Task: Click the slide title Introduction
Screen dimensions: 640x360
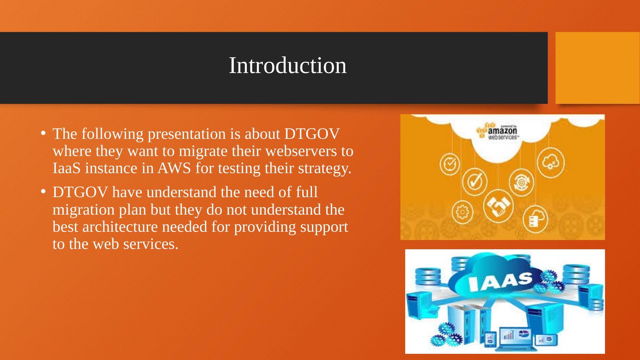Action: [x=288, y=65]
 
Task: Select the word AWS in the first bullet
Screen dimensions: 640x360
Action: [x=174, y=168]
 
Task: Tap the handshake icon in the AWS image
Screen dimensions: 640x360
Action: [x=498, y=205]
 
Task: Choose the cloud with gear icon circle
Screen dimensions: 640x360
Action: [x=550, y=163]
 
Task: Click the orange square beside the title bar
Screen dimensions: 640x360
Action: [x=597, y=68]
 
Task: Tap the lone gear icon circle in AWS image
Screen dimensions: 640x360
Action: [x=462, y=212]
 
